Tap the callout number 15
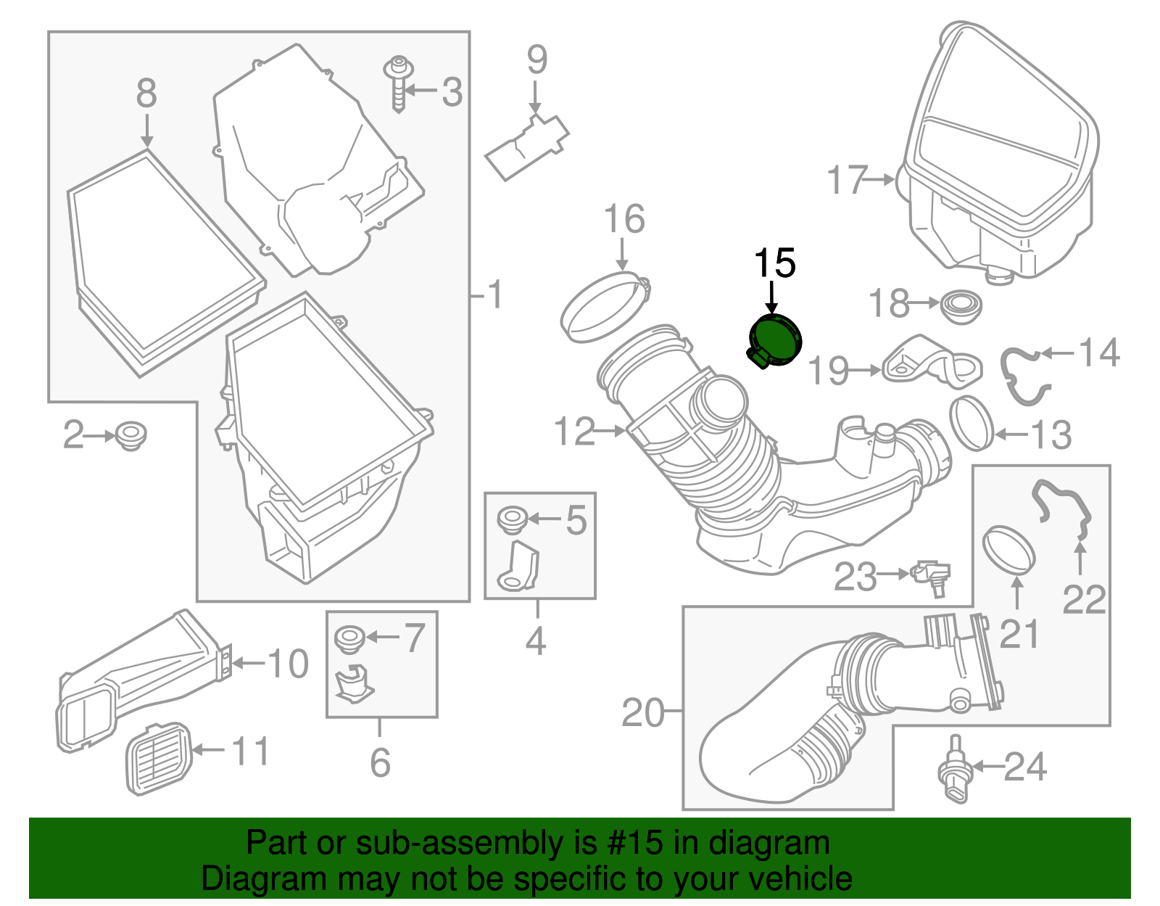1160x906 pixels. pyautogui.click(x=774, y=263)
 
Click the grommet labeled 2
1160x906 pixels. pyautogui.click(x=130, y=435)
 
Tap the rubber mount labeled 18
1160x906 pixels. pyautogui.click(x=961, y=306)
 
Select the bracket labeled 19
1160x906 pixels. pyautogui.click(x=931, y=362)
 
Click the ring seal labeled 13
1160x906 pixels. pyautogui.click(x=971, y=423)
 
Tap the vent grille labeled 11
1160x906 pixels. pyautogui.click(x=159, y=758)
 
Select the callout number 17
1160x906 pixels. pyautogui.click(x=847, y=180)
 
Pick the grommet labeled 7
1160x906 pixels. pyautogui.click(x=349, y=638)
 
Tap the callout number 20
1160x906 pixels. pyautogui.click(x=642, y=713)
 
